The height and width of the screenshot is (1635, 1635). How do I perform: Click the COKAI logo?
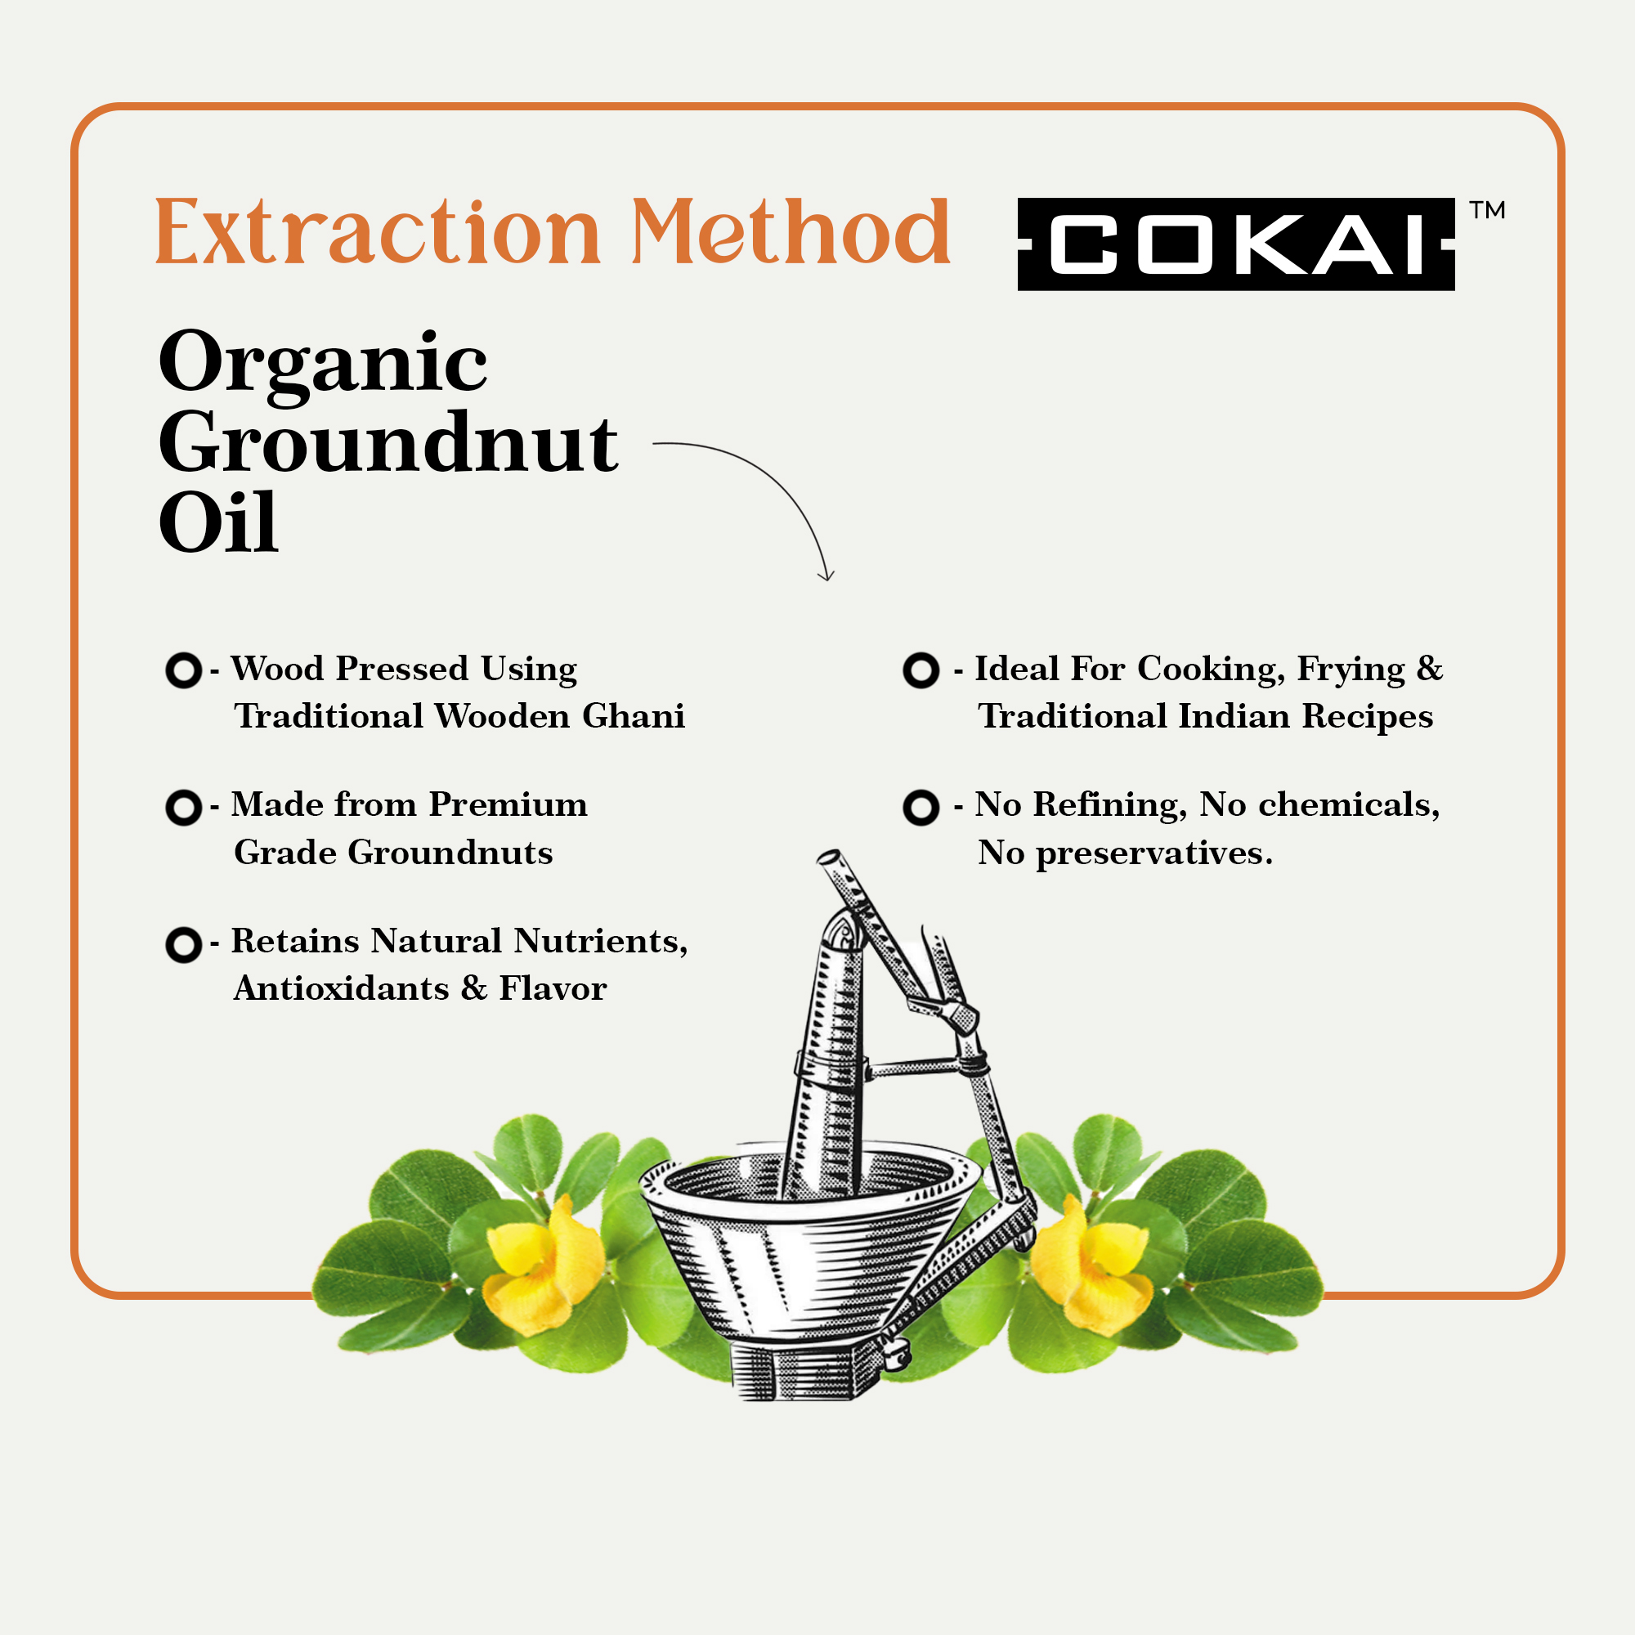[x=1235, y=244]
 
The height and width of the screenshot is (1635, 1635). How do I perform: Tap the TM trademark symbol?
[x=1487, y=210]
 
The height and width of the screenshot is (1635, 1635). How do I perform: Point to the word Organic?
[x=322, y=364]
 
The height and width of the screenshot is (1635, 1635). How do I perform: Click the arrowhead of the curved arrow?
[x=825, y=575]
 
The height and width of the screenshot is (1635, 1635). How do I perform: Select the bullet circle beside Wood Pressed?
[x=184, y=670]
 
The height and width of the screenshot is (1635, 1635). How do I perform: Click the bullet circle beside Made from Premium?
[x=184, y=808]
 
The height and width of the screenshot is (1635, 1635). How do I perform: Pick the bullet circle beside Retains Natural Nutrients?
[x=184, y=944]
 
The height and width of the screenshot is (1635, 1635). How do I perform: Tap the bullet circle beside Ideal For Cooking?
[x=921, y=670]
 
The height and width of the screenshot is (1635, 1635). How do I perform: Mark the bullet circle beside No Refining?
[x=921, y=808]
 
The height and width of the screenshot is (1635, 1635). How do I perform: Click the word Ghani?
[x=633, y=716]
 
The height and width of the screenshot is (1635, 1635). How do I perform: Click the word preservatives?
[x=1154, y=853]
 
